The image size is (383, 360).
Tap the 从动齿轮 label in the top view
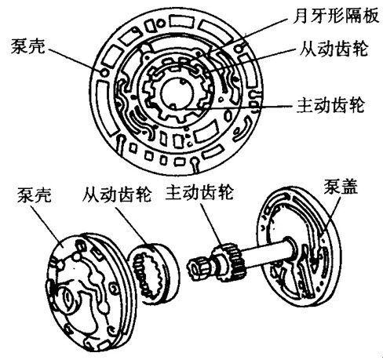click(x=334, y=49)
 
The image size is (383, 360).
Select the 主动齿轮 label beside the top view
click(x=330, y=105)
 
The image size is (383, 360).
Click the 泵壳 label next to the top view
click(x=27, y=46)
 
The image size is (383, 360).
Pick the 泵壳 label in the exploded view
click(x=35, y=195)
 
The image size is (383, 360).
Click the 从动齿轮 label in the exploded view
click(x=117, y=194)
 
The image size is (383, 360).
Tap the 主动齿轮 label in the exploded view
click(x=199, y=193)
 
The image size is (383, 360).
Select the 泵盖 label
click(x=341, y=187)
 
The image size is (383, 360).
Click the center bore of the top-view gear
click(x=177, y=93)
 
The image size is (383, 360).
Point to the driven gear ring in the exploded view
click(x=154, y=273)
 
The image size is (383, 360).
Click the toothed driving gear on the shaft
click(x=230, y=262)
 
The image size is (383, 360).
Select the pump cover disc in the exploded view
click(x=299, y=246)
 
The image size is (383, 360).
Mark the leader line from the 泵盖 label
click(x=332, y=213)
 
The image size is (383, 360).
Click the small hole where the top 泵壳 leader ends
click(x=104, y=72)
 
